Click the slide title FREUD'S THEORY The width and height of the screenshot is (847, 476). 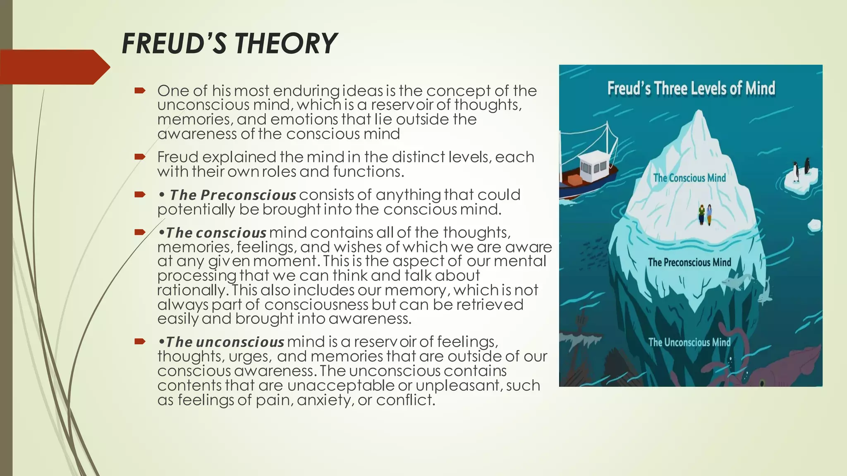[230, 43]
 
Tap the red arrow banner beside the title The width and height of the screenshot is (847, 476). [54, 67]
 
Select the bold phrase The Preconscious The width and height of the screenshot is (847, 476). [233, 195]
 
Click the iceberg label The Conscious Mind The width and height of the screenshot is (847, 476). [689, 178]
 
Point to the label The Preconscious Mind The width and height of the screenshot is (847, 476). [689, 262]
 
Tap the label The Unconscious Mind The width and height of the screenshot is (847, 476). [689, 343]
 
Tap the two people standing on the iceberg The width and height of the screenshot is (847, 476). [705, 214]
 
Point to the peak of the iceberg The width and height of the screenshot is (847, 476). [700, 114]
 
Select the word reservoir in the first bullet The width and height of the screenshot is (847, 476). [400, 105]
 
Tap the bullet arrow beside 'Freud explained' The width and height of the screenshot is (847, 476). [140, 157]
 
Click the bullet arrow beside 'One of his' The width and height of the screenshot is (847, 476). [140, 90]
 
